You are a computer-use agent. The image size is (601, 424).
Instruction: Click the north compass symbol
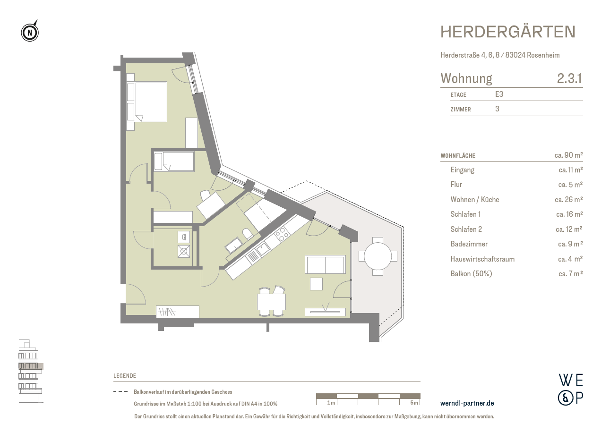(30, 32)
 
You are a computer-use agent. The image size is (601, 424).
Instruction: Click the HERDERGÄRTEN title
(508, 32)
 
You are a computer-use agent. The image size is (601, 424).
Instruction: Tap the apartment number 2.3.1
(569, 78)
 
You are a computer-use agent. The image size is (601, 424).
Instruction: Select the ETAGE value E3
(499, 94)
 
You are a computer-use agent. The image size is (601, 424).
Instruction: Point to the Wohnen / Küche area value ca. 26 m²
(568, 200)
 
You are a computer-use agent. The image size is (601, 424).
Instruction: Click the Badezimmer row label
(469, 244)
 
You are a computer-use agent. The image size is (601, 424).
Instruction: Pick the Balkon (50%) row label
(471, 274)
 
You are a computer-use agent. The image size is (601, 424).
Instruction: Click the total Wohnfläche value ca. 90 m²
(568, 155)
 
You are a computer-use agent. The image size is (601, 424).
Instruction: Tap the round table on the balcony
(378, 256)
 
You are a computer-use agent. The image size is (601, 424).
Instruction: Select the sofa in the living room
(325, 264)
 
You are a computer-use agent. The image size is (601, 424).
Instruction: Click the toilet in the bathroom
(247, 234)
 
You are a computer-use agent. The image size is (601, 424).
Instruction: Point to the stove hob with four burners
(282, 234)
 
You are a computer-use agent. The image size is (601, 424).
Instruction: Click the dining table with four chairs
(271, 301)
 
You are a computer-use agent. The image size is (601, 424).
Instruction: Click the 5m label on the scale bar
(414, 403)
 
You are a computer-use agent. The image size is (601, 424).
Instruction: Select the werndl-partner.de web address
(467, 403)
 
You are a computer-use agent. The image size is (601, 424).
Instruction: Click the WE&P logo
(570, 389)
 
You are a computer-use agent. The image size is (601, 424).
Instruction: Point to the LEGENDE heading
(125, 376)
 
